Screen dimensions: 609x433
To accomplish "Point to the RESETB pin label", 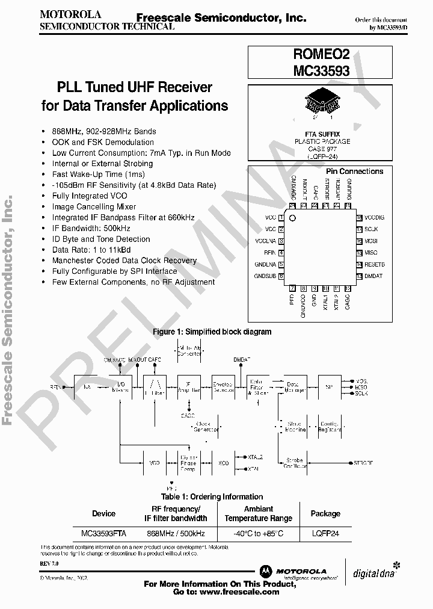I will point(374,264).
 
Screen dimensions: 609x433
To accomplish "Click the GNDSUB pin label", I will point(265,276).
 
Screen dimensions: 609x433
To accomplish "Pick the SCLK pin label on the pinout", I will point(370,229).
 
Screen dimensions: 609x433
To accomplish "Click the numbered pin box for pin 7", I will point(292,288).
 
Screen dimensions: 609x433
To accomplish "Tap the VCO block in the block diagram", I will point(155,463).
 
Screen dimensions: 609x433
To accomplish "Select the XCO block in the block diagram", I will point(224,463).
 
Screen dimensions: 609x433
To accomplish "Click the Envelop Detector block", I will point(224,386).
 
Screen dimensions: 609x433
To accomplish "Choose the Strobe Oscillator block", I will point(294,463).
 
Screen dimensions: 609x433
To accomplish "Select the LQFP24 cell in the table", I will point(325,533).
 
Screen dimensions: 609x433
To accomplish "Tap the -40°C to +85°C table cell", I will point(258,533).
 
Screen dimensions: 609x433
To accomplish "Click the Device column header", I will point(103,513).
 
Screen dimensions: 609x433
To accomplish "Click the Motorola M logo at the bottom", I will point(265,570).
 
